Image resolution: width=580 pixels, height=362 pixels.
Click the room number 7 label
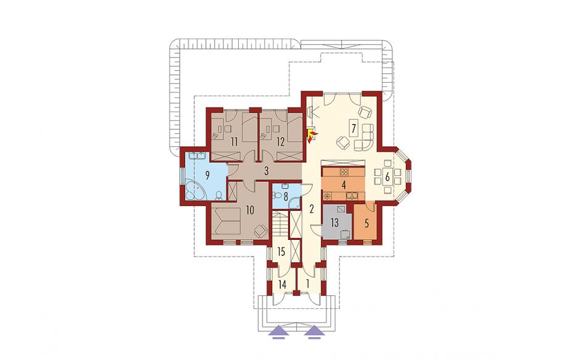tap(354, 129)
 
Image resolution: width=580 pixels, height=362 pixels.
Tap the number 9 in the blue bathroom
tap(207, 175)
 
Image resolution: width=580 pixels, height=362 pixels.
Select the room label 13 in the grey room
tap(334, 223)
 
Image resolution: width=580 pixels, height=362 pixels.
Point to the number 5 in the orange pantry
tap(367, 223)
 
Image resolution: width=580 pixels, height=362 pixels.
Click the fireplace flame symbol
tap(310, 135)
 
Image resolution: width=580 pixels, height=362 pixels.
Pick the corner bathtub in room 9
tap(196, 190)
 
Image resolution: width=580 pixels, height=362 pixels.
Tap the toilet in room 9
tap(218, 195)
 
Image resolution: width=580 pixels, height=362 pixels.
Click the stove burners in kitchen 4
tap(344, 171)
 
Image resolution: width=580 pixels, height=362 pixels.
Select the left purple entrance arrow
tap(278, 331)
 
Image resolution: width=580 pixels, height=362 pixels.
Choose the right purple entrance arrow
tap(315, 331)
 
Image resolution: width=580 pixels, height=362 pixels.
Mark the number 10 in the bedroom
tap(250, 210)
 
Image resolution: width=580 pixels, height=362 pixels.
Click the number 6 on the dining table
tap(387, 176)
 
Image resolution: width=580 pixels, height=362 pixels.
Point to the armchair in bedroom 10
tap(261, 231)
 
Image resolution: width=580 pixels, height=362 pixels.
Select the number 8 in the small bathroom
tap(285, 195)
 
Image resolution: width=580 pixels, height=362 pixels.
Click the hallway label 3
tap(266, 171)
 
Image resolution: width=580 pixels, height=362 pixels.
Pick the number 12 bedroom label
tap(280, 142)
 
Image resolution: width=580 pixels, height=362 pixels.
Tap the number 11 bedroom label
tap(233, 142)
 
